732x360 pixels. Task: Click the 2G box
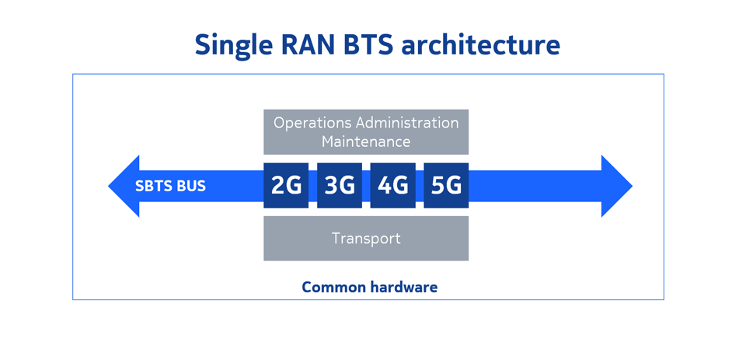tap(286, 185)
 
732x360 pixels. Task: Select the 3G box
tap(340, 185)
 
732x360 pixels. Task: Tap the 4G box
tap(392, 185)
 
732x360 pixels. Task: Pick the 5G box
tap(446, 185)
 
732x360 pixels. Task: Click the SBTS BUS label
tap(170, 186)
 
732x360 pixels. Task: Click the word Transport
tap(366, 238)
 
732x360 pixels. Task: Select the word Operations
tap(313, 124)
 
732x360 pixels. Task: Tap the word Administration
tap(407, 123)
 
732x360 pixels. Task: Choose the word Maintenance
tap(366, 141)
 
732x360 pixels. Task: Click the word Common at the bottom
tap(334, 287)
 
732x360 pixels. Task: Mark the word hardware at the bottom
tap(404, 287)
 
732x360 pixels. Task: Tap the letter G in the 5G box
tap(453, 186)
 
